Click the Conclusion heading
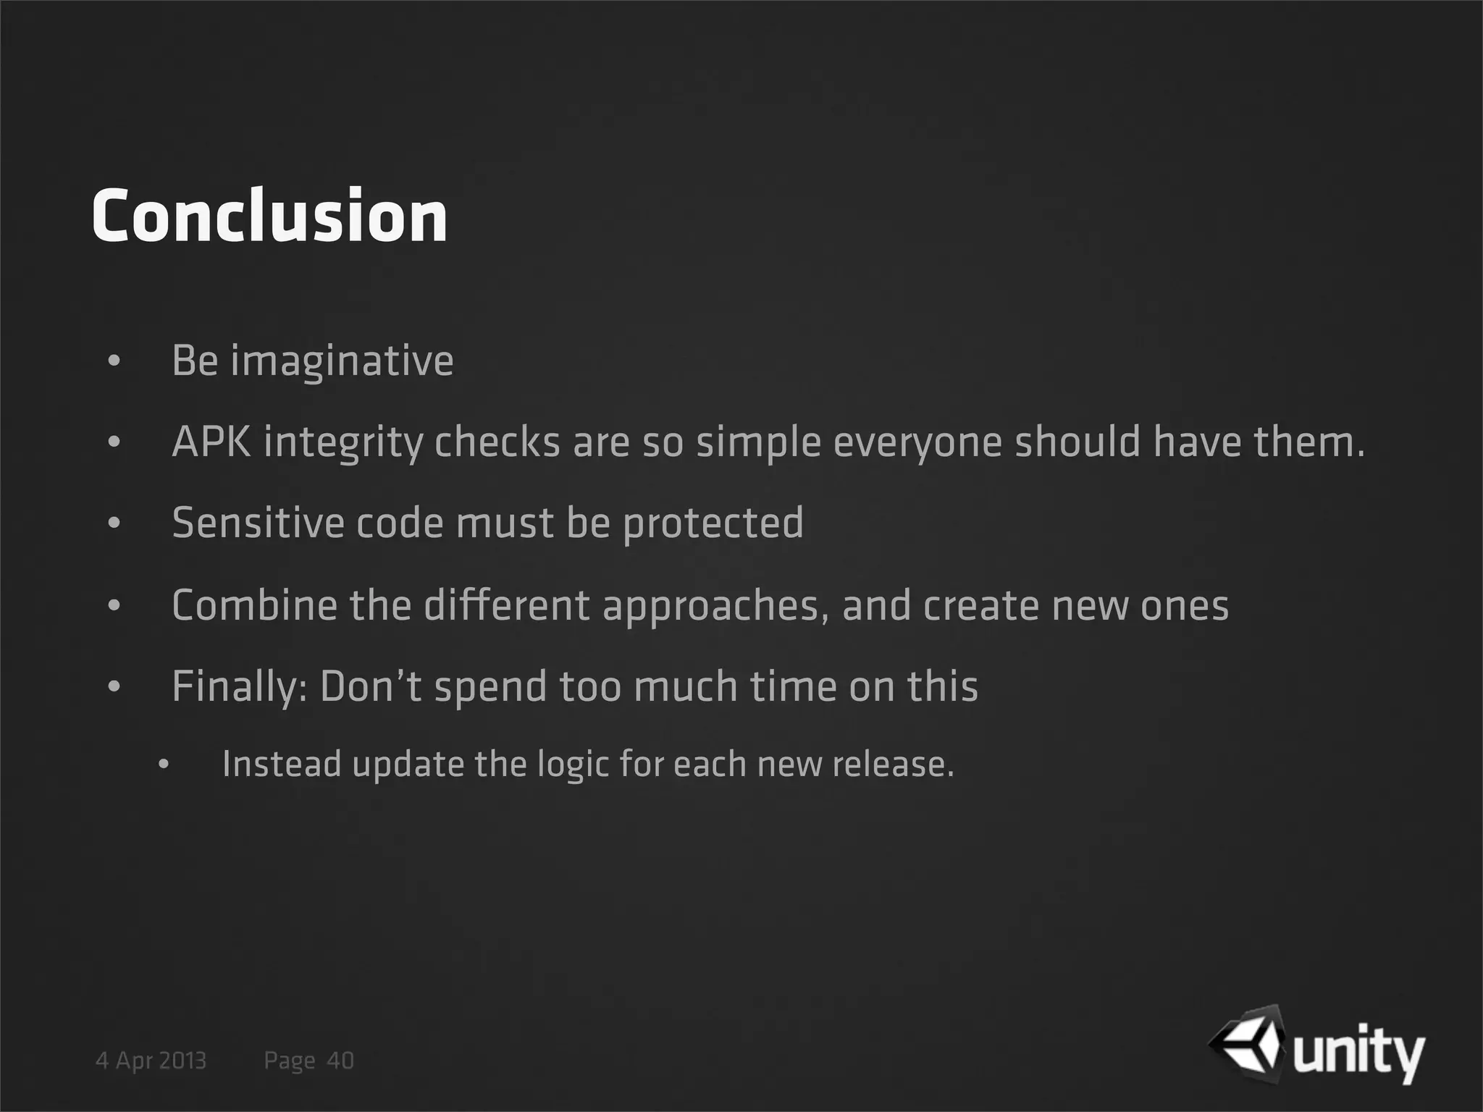269,216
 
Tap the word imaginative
342,361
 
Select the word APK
211,442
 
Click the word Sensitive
258,523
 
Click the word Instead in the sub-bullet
281,764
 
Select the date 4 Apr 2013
151,1061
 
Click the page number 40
340,1061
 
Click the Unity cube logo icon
1247,1040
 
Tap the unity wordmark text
1358,1053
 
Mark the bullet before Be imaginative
114,361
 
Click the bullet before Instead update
164,765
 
